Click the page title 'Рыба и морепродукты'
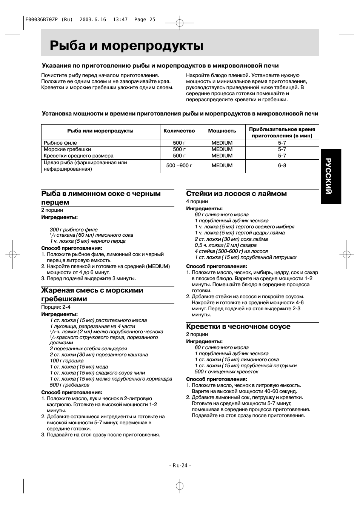(x=127, y=46)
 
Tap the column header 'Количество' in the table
(x=179, y=131)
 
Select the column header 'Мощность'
(x=222, y=131)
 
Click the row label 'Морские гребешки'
(x=67, y=149)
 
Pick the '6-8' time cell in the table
(x=282, y=166)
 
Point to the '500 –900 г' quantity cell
(x=179, y=166)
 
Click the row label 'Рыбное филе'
(x=60, y=143)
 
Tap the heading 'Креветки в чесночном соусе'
(x=238, y=327)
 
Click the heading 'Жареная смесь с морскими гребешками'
(x=92, y=294)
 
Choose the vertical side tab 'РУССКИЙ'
(x=331, y=176)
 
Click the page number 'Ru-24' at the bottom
(x=180, y=465)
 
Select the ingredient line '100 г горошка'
(x=67, y=361)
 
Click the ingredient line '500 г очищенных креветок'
(x=226, y=372)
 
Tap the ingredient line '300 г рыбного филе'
(x=74, y=230)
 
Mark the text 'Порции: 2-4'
(x=55, y=307)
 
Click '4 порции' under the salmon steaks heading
(x=197, y=202)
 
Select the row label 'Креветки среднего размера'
(x=78, y=156)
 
